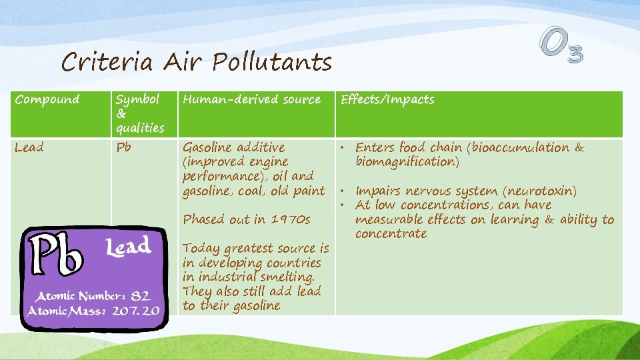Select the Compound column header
click(x=47, y=100)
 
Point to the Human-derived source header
click(x=251, y=100)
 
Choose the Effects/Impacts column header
click(x=387, y=100)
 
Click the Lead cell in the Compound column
click(x=29, y=148)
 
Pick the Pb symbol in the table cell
click(x=124, y=148)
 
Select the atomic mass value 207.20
click(x=137, y=311)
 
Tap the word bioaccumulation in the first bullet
click(x=519, y=148)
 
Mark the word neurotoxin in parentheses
click(x=536, y=191)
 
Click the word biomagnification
click(x=404, y=162)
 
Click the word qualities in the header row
click(x=139, y=128)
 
